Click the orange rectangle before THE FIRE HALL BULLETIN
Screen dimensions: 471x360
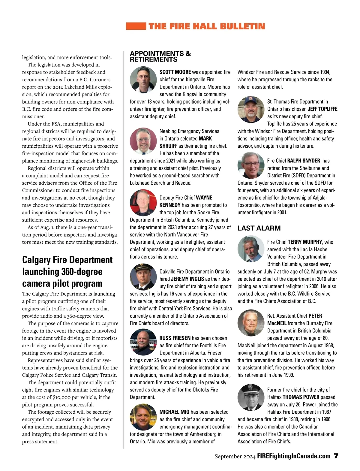pyautogui.click(x=136, y=26)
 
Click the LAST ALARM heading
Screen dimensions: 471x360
pyautogui.click(x=259, y=228)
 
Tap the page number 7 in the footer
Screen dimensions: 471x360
pyautogui.click(x=336, y=456)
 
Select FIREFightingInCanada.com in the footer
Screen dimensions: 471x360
pyautogui.click(x=294, y=456)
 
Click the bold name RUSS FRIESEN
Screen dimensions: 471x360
pyautogui.click(x=175, y=338)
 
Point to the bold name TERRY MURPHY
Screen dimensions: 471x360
pyautogui.click(x=305, y=242)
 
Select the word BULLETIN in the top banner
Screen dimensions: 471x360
pyautogui.click(x=242, y=26)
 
